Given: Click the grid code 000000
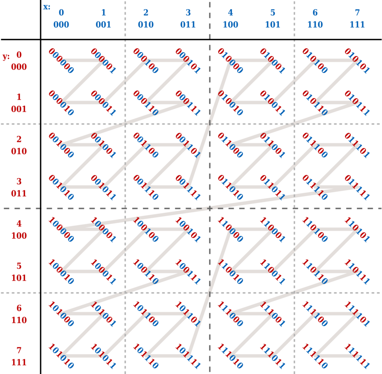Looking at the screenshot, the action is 61,61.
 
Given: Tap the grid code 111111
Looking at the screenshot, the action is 357,356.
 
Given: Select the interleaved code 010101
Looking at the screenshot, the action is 357,61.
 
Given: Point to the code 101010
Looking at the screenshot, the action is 61,356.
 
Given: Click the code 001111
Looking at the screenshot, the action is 188,187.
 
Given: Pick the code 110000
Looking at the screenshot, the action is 230,229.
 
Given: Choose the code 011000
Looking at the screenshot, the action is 230,145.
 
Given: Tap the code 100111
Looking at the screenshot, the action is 188,272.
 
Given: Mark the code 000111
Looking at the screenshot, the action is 188,103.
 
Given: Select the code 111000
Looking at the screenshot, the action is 230,314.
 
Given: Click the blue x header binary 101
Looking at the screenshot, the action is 273,25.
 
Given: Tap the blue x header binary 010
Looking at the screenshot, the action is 146,25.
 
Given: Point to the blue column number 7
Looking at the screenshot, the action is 357,12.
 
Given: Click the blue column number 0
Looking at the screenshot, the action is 61,12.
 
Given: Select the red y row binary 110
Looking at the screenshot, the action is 19,320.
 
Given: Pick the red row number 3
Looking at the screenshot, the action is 19,181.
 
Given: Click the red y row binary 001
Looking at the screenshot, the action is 19,109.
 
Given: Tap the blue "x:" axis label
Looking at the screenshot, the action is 47,7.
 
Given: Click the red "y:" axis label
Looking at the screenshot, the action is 6,57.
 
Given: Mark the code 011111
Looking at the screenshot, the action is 357,187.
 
